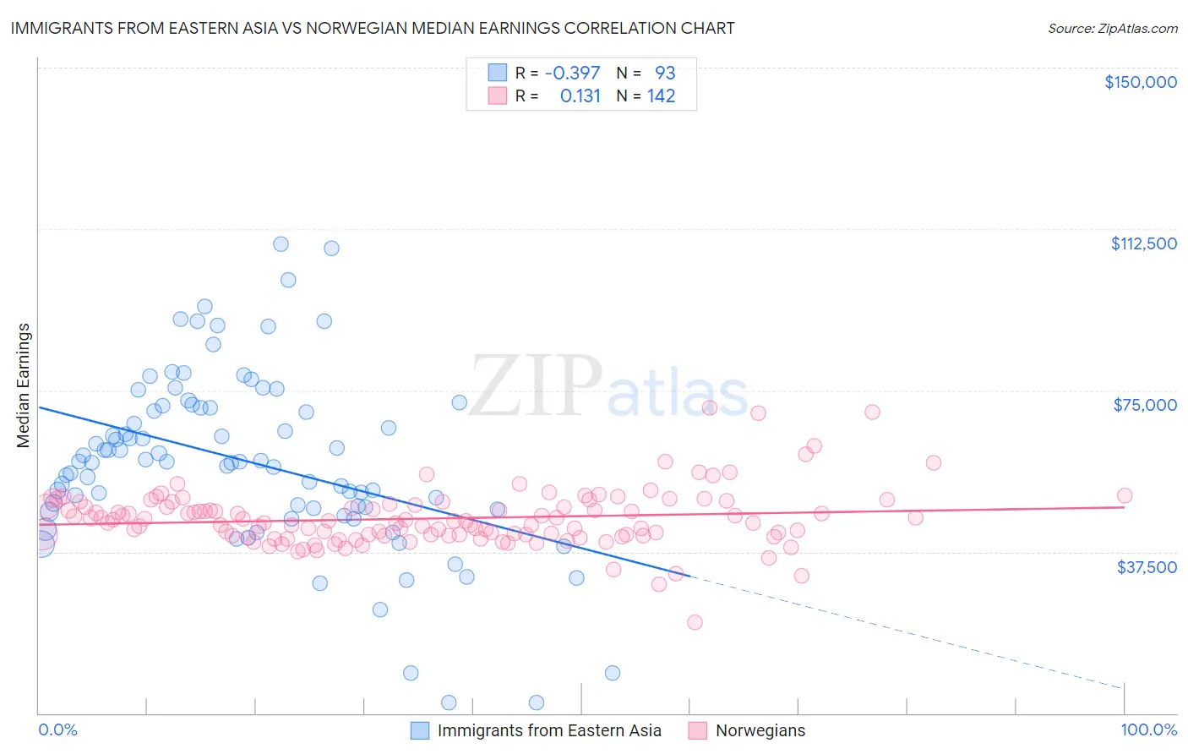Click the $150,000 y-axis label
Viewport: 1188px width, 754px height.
(1140, 82)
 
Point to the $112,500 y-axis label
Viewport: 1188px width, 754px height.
(1143, 243)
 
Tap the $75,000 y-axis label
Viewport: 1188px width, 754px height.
(1145, 405)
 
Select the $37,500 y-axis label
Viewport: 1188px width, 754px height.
(1147, 567)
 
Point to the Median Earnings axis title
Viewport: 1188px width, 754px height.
(24, 385)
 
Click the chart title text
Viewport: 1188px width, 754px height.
(373, 28)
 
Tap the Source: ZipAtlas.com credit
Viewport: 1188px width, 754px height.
(1112, 28)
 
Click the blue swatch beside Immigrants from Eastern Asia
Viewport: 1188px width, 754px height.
(420, 731)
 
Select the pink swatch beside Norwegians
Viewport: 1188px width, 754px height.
(697, 731)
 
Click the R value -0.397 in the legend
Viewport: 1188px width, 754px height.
(572, 73)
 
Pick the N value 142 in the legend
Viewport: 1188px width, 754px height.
(661, 96)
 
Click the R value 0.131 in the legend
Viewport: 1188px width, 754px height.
(580, 96)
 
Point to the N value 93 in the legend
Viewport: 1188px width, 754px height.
(665, 73)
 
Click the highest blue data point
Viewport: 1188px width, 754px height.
(281, 244)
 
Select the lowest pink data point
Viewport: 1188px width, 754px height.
(695, 622)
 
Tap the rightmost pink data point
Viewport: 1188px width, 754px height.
(1124, 496)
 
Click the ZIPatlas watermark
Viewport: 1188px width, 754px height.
(608, 387)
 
